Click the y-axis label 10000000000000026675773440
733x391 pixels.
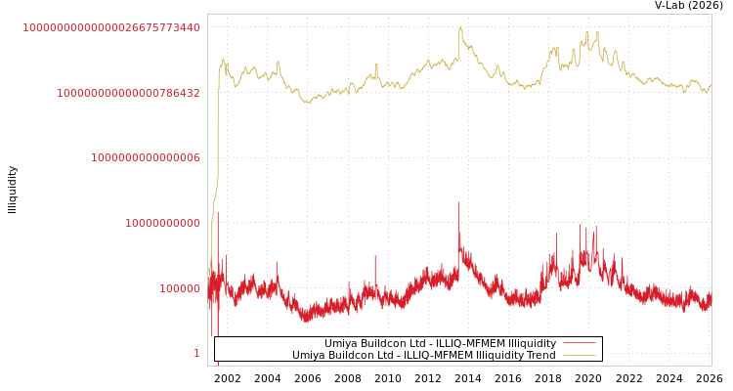click(111, 27)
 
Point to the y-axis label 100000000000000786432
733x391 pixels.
click(128, 93)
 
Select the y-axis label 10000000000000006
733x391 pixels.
click(146, 157)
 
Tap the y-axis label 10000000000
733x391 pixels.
click(162, 223)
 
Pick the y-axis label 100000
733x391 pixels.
click(180, 288)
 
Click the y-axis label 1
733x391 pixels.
click(196, 353)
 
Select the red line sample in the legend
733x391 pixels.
click(579, 343)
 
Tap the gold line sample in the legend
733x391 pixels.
click(579, 356)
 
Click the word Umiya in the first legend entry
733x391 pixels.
click(341, 344)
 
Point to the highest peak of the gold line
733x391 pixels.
click(460, 26)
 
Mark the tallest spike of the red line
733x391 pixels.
click(457, 202)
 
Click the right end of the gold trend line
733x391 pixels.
click(711, 85)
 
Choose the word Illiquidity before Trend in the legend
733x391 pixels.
click(493, 356)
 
